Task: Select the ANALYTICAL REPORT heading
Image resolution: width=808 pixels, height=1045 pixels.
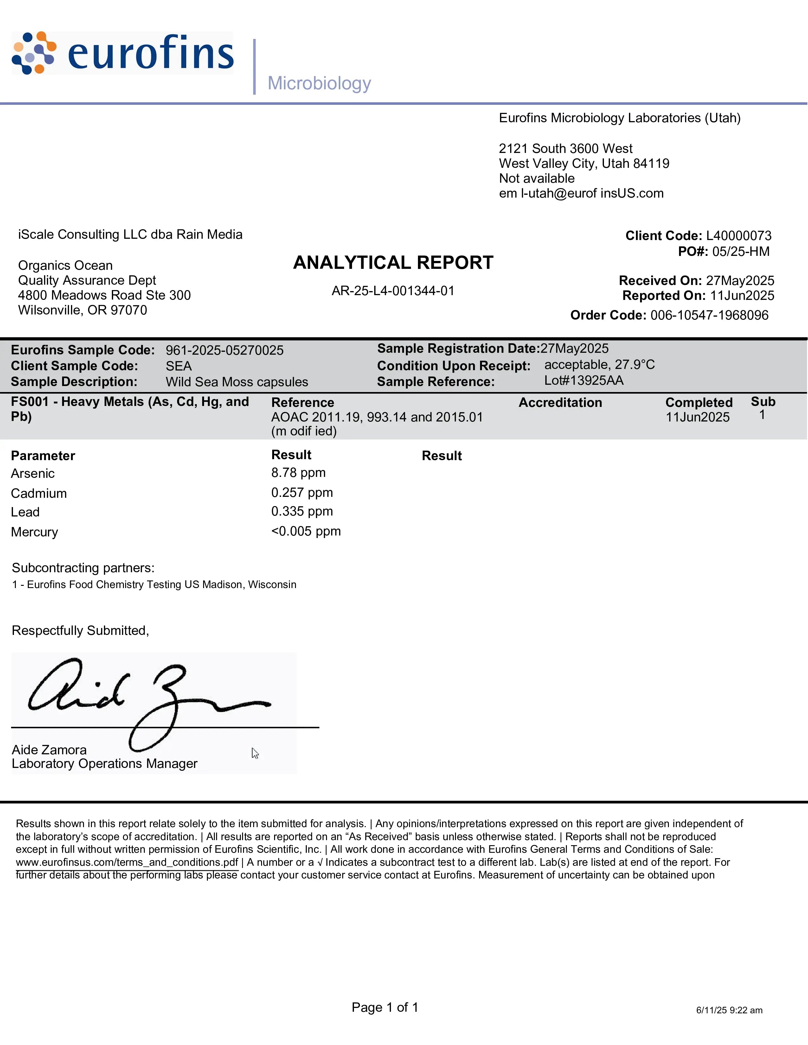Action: pyautogui.click(x=393, y=263)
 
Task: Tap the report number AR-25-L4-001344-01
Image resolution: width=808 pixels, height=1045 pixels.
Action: pyautogui.click(x=393, y=291)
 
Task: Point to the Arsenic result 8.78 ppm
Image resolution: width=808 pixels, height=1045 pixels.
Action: pyautogui.click(x=298, y=473)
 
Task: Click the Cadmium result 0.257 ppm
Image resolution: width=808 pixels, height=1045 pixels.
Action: pyautogui.click(x=302, y=492)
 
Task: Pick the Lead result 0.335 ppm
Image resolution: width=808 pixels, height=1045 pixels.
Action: pyautogui.click(x=302, y=511)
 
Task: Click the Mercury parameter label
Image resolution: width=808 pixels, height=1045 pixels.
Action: pyautogui.click(x=35, y=532)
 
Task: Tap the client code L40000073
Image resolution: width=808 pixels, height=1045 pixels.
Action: pyautogui.click(x=739, y=236)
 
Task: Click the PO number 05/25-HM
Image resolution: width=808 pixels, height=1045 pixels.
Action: pyautogui.click(x=741, y=252)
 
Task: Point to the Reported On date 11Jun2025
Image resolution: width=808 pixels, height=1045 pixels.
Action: pyautogui.click(x=742, y=296)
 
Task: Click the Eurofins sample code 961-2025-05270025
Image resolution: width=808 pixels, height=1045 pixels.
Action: pyautogui.click(x=225, y=350)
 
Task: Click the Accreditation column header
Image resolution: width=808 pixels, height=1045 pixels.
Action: pyautogui.click(x=560, y=402)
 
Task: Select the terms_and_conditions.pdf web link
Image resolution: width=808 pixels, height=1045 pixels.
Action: pyautogui.click(x=127, y=862)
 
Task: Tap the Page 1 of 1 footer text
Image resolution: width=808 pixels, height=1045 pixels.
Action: pyautogui.click(x=385, y=1007)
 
